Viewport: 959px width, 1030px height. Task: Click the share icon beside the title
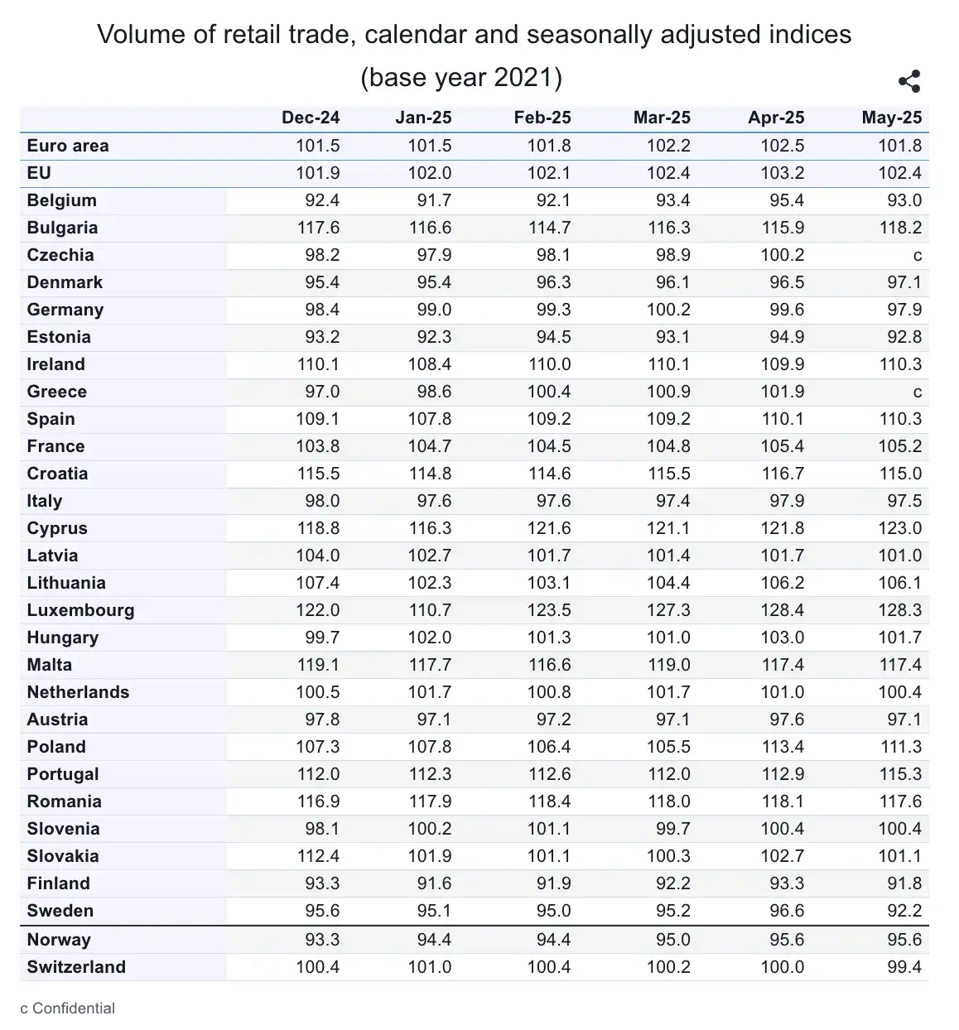coord(909,81)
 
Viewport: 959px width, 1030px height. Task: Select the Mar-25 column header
coord(662,118)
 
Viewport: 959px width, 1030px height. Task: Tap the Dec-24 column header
coord(311,118)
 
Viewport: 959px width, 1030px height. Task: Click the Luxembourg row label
coord(80,610)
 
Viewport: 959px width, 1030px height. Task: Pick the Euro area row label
coord(68,146)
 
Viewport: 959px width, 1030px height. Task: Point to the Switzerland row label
coord(76,967)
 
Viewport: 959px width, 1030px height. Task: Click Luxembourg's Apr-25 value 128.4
coord(783,610)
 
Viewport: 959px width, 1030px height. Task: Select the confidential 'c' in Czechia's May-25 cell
coord(917,255)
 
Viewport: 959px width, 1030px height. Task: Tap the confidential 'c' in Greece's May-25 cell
coord(917,392)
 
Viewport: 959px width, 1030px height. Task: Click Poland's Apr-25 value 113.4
coord(783,747)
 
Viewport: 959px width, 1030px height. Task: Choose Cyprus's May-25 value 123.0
coord(900,528)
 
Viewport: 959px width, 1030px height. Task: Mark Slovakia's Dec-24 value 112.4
coord(318,856)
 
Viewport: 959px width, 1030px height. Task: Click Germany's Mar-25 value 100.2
coord(668,310)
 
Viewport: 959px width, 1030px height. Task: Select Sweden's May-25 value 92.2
coord(904,911)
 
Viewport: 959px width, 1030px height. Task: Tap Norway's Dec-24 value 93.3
coord(322,940)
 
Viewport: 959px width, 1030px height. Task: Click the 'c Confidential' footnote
coord(68,1008)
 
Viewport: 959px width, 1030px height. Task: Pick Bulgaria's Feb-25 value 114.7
coord(549,228)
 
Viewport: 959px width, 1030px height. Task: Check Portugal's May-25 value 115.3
coord(900,774)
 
